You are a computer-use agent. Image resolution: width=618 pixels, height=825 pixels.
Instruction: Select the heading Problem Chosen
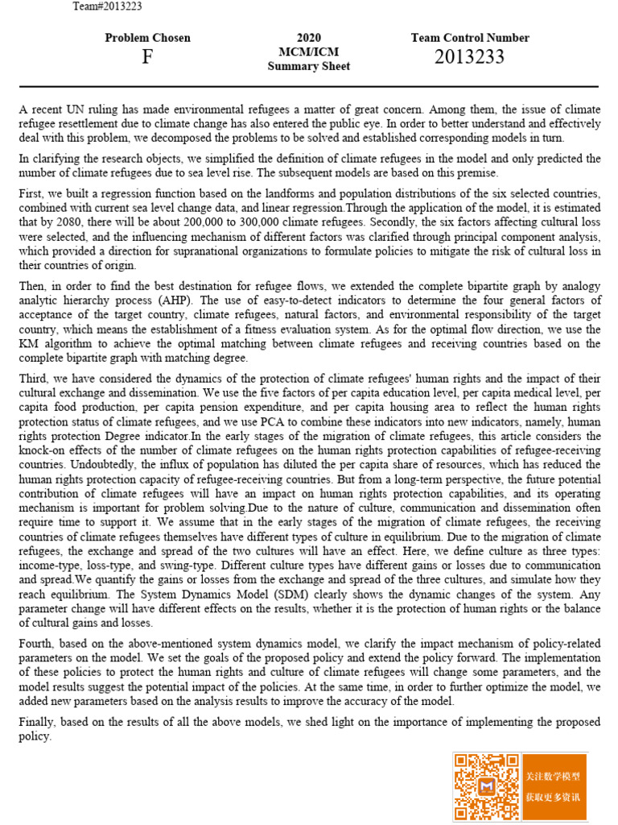[x=148, y=38]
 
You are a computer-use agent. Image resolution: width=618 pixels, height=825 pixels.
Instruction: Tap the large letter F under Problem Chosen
[x=147, y=57]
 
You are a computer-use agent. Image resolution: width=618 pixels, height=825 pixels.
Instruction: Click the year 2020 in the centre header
[x=309, y=38]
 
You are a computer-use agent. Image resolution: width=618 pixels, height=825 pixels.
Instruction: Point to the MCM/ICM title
[x=309, y=52]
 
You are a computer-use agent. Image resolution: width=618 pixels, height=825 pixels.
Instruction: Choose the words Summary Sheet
[x=309, y=66]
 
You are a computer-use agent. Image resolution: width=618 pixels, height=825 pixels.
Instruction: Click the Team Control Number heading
[x=470, y=38]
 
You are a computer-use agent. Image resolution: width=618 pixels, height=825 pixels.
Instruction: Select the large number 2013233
[x=470, y=57]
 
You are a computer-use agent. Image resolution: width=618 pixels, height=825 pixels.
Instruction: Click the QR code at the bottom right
[x=487, y=787]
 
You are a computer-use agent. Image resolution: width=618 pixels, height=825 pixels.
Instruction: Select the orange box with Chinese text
[x=554, y=787]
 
